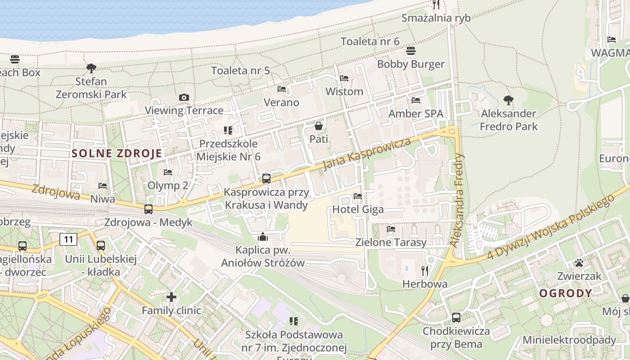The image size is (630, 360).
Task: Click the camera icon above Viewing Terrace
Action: pyautogui.click(x=184, y=97)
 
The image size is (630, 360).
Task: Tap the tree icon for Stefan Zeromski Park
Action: pyautogui.click(x=91, y=68)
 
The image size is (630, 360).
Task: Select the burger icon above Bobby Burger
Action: pyautogui.click(x=410, y=51)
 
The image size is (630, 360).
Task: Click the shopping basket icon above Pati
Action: pyautogui.click(x=319, y=126)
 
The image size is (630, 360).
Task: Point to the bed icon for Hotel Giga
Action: pyautogui.click(x=358, y=196)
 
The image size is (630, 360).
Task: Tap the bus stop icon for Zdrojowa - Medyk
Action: pyautogui.click(x=148, y=209)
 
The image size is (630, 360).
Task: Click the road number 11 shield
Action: pyautogui.click(x=68, y=239)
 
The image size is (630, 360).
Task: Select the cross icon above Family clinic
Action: pyautogui.click(x=171, y=297)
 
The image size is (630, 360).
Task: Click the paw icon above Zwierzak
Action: pyautogui.click(x=579, y=263)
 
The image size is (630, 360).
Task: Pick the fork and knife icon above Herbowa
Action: pyautogui.click(x=424, y=270)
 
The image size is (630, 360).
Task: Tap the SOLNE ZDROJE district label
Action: pyautogui.click(x=117, y=153)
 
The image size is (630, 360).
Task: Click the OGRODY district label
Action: pyautogui.click(x=566, y=293)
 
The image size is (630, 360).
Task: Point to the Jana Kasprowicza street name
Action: pyautogui.click(x=367, y=154)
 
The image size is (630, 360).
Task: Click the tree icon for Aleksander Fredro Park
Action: pyautogui.click(x=508, y=100)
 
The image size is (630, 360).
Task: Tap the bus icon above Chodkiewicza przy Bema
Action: pyautogui.click(x=456, y=318)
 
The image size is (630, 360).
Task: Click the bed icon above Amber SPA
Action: pyautogui.click(x=416, y=100)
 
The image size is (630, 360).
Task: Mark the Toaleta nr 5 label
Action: pyautogui.click(x=241, y=71)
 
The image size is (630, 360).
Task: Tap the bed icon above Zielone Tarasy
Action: pyautogui.click(x=391, y=229)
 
